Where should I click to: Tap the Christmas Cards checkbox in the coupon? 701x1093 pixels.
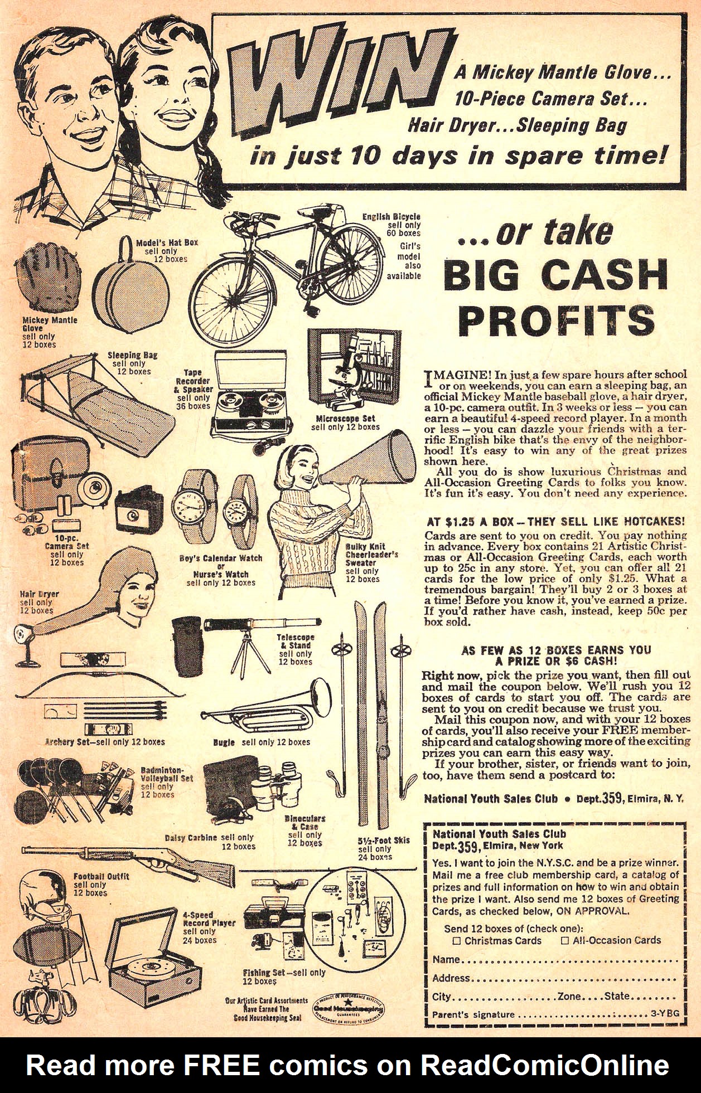(457, 940)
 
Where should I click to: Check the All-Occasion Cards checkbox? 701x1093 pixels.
(565, 940)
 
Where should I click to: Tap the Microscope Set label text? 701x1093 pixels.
(346, 419)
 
